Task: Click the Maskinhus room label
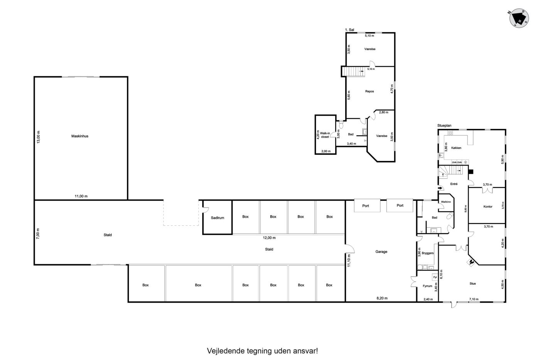80,136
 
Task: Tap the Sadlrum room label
218,218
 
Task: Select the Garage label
381,252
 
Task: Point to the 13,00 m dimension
38,137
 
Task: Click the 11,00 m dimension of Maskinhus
81,196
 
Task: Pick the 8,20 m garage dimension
382,298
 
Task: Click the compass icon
519,18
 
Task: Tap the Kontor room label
488,207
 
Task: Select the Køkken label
456,148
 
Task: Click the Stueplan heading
444,126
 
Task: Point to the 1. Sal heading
349,30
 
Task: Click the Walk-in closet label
325,135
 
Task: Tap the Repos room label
370,91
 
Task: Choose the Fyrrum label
427,286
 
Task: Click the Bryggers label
428,253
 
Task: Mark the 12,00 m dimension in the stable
269,238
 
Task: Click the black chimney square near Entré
471,172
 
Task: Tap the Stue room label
473,284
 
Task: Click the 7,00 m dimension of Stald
38,234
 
